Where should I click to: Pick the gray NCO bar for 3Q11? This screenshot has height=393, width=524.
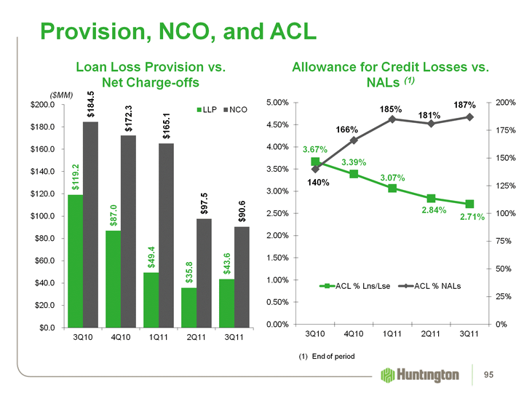coord(242,277)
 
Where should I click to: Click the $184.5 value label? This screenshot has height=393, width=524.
coord(91,105)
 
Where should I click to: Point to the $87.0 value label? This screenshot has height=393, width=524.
coord(113,216)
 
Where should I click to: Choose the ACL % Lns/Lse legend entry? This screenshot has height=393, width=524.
coord(352,284)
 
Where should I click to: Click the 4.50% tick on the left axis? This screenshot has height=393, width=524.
coord(280,124)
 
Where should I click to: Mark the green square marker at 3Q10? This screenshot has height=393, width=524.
coord(315,162)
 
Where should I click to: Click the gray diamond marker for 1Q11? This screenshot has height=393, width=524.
coord(392,119)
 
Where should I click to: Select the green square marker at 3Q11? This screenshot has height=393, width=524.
coord(469,204)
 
